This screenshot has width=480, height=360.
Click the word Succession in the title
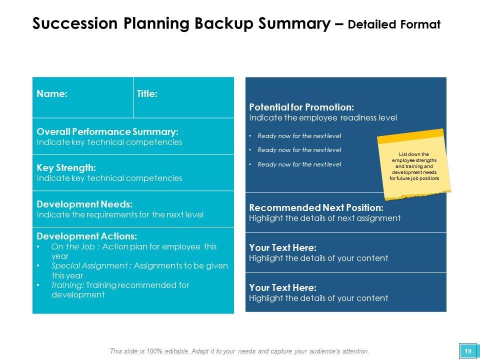click(x=74, y=23)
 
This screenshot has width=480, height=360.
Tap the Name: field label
click(x=52, y=93)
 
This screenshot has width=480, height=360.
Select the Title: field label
click(x=147, y=93)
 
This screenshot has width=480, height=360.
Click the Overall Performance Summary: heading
click(x=107, y=131)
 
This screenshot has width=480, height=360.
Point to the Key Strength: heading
click(x=66, y=168)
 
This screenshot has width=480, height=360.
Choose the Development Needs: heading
click(x=84, y=204)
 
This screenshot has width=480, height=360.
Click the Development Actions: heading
click(x=86, y=236)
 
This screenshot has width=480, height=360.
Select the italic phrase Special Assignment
click(x=89, y=265)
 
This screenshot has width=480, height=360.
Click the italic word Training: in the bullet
click(x=67, y=285)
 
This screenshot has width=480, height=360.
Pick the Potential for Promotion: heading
click(x=301, y=107)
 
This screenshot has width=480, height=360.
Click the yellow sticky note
click(x=414, y=164)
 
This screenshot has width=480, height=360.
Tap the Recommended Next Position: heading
click(x=316, y=207)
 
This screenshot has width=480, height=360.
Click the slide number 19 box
click(x=468, y=351)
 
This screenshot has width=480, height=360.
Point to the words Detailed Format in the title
click(x=394, y=24)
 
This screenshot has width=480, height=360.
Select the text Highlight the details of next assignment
click(x=325, y=218)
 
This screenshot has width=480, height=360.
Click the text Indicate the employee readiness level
click(x=323, y=118)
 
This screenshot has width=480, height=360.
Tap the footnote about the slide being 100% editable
click(x=239, y=351)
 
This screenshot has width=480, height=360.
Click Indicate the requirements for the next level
click(x=120, y=214)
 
